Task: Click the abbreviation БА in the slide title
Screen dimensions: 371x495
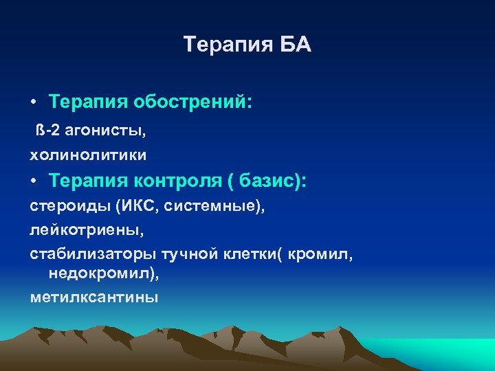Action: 295,45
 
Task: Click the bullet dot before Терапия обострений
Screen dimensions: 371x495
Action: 33,103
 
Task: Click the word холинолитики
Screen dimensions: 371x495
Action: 88,155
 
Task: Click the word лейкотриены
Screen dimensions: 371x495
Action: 82,230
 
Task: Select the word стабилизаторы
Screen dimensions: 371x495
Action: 93,255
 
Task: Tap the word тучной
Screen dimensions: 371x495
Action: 189,255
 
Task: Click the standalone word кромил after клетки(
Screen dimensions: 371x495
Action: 320,255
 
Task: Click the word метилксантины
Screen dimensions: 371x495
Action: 93,297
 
